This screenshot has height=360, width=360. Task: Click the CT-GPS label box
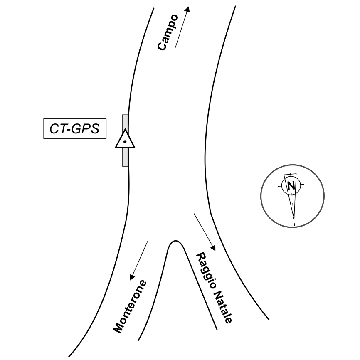[x=74, y=129]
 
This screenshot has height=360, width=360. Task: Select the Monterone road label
[x=130, y=307]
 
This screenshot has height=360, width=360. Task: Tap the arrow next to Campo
[x=182, y=27]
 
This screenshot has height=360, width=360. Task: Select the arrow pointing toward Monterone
[x=139, y=260]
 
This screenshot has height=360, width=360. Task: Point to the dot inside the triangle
[x=125, y=142]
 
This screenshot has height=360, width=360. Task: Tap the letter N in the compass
[x=291, y=185]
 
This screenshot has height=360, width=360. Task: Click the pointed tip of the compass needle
[x=294, y=218]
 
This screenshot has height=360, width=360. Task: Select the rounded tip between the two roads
[x=176, y=241]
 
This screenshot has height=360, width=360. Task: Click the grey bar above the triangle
[x=125, y=121]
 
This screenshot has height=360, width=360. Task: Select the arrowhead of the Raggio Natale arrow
[x=214, y=248]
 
